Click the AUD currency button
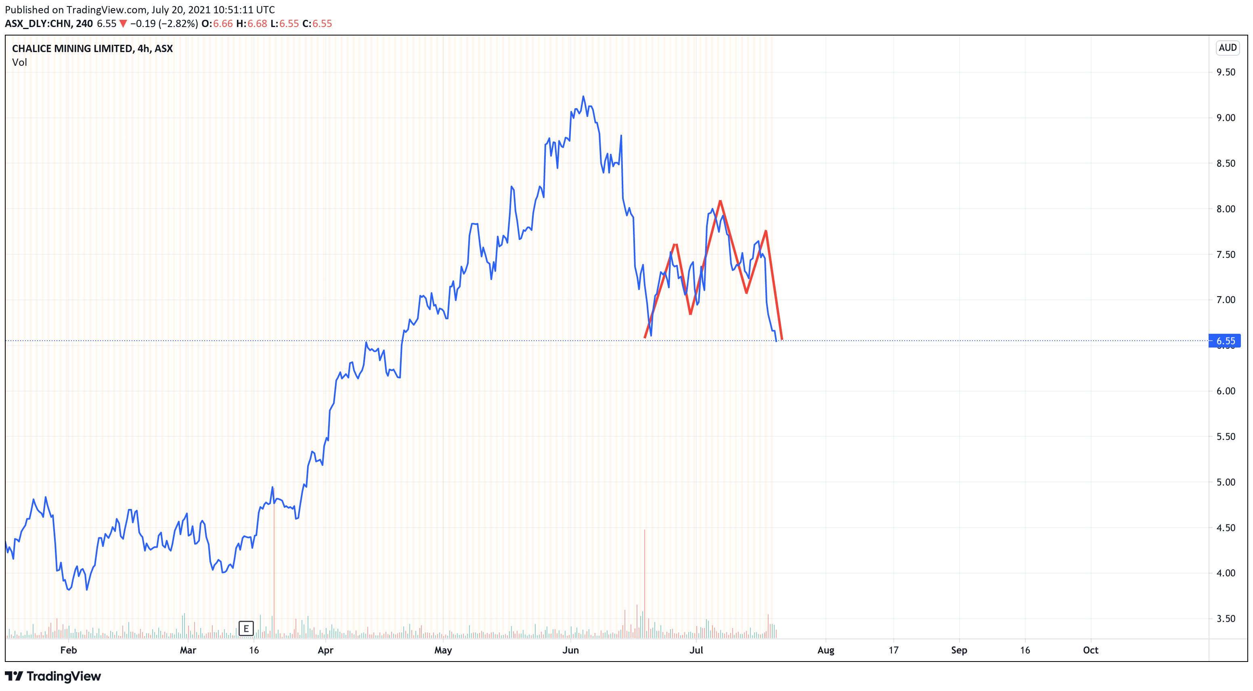pos(1227,48)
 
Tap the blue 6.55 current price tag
pos(1225,341)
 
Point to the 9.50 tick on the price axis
pos(1225,72)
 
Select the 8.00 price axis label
pos(1225,209)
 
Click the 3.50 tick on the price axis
pos(1225,618)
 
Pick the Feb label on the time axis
pos(69,650)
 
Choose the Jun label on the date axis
pos(570,650)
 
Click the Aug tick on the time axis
pos(826,650)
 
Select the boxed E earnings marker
pos(246,628)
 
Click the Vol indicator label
pos(19,62)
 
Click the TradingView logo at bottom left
pos(53,676)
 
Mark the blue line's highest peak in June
pos(583,96)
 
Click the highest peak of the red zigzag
pos(720,201)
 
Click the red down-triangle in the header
pos(123,23)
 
